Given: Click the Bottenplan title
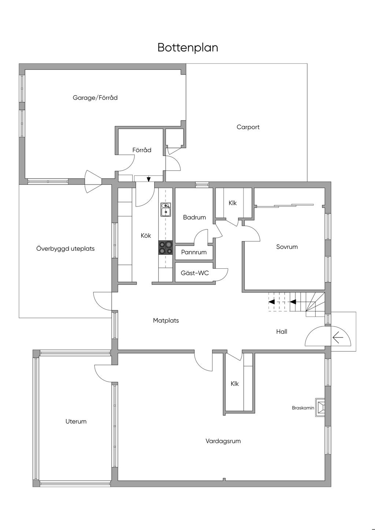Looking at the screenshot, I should pos(187,48).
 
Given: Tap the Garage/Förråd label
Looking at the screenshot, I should pos(95,98).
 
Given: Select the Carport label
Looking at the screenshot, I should pos(248,127).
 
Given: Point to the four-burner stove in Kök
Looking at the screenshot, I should pos(166,247).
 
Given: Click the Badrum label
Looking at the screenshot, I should pos(194,217).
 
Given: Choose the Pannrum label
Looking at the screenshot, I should pos(194,252).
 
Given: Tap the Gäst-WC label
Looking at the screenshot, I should pos(195,273).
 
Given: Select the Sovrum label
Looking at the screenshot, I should pos(287,247).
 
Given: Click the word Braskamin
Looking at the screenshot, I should pos(303,408).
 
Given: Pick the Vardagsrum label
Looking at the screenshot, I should pos(223,441).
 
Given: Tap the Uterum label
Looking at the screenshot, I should pos(76,421).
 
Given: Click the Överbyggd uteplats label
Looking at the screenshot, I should pos(66,249).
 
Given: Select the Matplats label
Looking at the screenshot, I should pos(166,321).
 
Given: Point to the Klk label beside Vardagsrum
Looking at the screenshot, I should pos(235,384).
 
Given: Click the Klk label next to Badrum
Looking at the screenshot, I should pos(233,203).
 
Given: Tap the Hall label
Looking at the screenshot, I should pos(282,332).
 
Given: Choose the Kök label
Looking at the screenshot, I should pos(146,235).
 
